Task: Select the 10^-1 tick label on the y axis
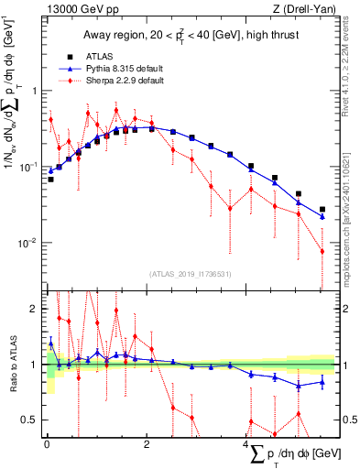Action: pos(28,167)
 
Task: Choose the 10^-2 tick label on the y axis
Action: pos(28,243)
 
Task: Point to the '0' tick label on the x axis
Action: pos(47,444)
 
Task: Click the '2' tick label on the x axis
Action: pos(147,444)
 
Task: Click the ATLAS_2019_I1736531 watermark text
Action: pos(190,274)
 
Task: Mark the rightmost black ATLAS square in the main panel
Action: pos(322,209)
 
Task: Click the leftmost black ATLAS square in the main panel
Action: pos(50,180)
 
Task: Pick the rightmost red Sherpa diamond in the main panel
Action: pos(322,252)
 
